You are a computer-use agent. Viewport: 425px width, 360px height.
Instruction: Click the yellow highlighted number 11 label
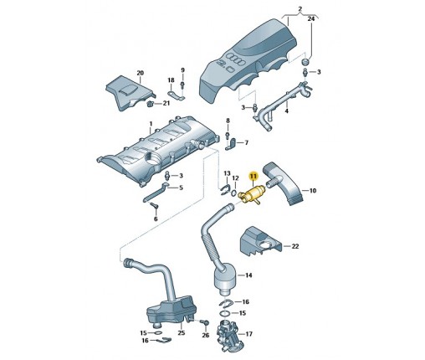point(253,176)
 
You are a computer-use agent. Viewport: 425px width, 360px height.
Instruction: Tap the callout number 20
point(140,73)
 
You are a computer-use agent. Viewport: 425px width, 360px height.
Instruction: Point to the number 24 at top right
point(311,18)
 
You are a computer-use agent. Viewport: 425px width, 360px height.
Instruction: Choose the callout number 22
point(295,246)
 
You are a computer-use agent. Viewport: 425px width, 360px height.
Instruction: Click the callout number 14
point(248,275)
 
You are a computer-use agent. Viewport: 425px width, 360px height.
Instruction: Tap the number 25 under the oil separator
point(182,332)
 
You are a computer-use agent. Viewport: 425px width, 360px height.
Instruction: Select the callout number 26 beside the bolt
point(206,335)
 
